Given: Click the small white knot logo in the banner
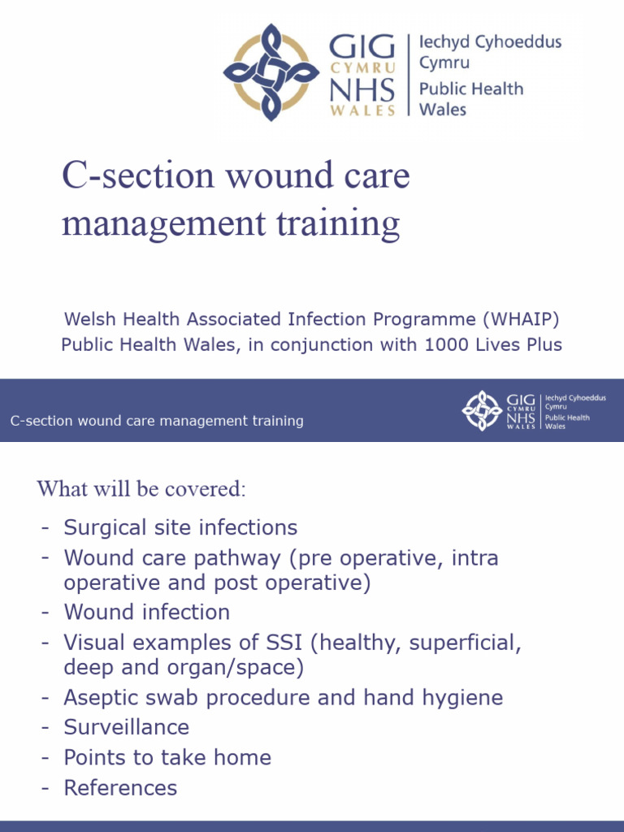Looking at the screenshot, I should (x=482, y=410).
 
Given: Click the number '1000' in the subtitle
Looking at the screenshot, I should (x=442, y=344).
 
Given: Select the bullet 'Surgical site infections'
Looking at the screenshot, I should (x=180, y=527).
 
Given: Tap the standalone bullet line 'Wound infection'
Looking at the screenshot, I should (x=146, y=612).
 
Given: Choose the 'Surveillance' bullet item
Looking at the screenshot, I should (x=126, y=727).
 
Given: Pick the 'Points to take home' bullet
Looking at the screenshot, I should (x=167, y=757).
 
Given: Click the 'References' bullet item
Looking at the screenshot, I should (x=120, y=787).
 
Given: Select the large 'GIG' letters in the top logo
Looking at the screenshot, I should (x=362, y=47).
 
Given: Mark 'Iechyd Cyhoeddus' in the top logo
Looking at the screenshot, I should (x=489, y=42).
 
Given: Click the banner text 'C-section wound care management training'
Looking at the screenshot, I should (x=157, y=421).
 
